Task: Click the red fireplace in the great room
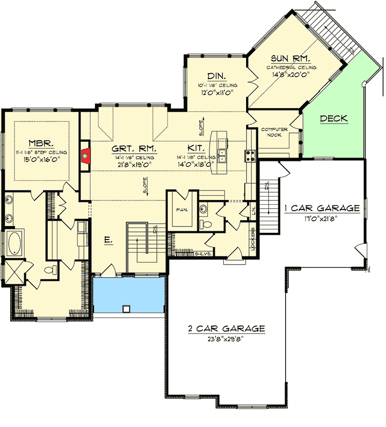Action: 85,155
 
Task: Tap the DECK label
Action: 334,118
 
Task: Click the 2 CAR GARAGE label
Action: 226,329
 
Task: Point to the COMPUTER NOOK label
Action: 275,133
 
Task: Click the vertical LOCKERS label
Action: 252,237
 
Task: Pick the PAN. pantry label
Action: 182,210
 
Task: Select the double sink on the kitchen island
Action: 223,156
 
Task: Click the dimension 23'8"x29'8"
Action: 226,338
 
